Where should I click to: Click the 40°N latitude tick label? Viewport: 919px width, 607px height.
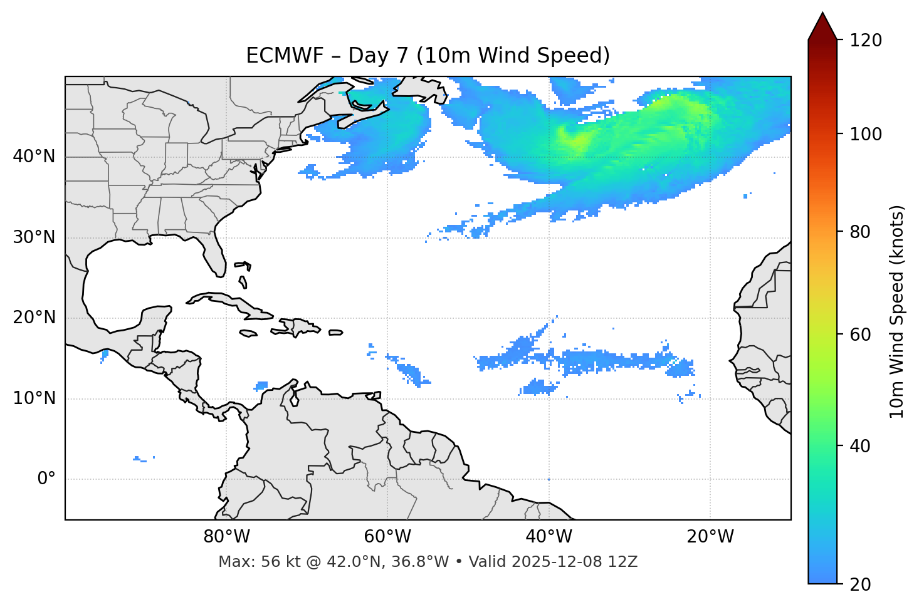[x=34, y=157]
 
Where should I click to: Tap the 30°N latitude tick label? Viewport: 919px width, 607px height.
[x=34, y=237]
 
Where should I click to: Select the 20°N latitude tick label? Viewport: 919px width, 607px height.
[x=34, y=318]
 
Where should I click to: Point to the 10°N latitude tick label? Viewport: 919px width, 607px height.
[x=34, y=398]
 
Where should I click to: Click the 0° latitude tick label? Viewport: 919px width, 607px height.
[x=46, y=479]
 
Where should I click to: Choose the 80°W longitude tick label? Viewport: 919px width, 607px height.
[x=226, y=537]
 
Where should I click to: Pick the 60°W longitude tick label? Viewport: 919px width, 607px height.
[x=387, y=537]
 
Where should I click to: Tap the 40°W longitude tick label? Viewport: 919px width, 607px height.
[x=549, y=537]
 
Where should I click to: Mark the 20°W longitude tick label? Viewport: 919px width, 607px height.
[x=710, y=537]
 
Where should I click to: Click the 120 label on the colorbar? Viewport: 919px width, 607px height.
[x=866, y=41]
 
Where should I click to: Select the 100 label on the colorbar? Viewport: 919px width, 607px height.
[x=866, y=134]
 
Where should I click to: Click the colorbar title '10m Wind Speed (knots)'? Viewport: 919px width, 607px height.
[x=897, y=312]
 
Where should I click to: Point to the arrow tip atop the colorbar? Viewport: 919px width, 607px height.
[x=822, y=14]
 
